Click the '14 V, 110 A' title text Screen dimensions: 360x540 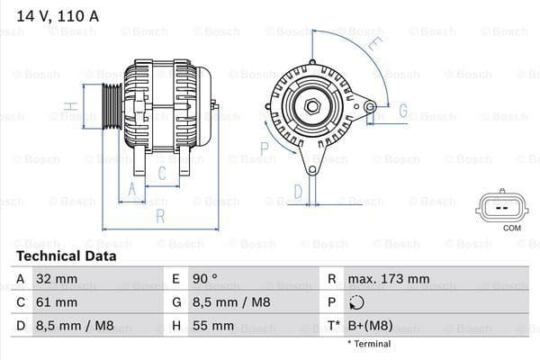pos(55,14)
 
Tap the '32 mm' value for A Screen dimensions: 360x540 pos(56,279)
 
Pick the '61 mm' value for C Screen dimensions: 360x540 pos(56,302)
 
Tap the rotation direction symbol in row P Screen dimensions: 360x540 pos(358,302)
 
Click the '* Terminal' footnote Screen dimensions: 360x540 pos(369,344)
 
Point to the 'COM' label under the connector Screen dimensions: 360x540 pos(511,228)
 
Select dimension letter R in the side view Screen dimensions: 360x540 pos(159,217)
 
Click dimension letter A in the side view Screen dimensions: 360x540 pos(131,188)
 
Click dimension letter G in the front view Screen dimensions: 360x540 pos(402,112)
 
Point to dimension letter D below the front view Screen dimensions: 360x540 pos(298,190)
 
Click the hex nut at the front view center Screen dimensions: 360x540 pos(313,107)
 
